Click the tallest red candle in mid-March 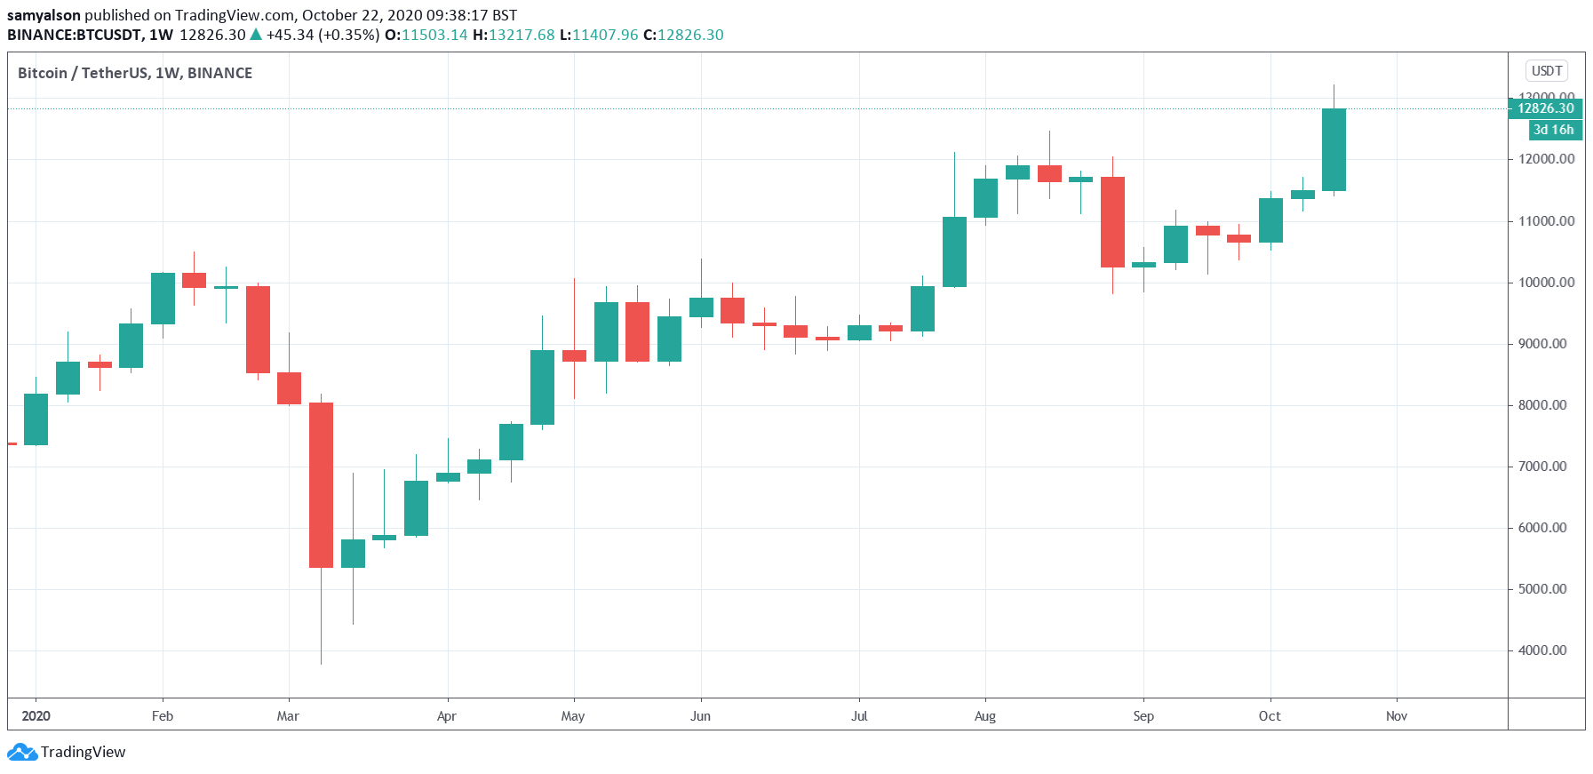point(321,484)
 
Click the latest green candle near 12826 point(1334,149)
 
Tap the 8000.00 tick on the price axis point(1541,405)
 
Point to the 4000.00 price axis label point(1541,650)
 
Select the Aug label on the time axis point(984,716)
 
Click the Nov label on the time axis point(1396,716)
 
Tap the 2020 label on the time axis point(36,716)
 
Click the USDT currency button point(1546,71)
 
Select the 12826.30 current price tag point(1545,108)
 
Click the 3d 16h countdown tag point(1553,130)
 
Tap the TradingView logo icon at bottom point(22,753)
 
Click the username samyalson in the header point(44,15)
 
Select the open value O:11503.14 point(426,35)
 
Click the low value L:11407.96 point(599,35)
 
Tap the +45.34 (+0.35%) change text point(323,35)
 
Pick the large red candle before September point(1112,222)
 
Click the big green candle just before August point(954,251)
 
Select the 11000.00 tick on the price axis point(1541,221)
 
